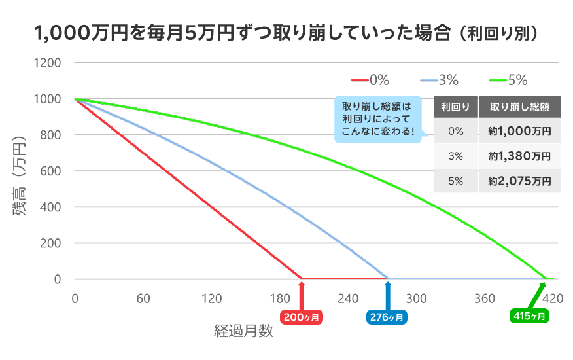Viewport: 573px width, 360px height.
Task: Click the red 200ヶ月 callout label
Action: [302, 317]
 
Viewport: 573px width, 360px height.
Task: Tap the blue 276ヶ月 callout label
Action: [387, 317]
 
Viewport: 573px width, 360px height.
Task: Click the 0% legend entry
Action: [370, 81]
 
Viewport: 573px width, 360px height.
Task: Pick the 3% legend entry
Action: [440, 81]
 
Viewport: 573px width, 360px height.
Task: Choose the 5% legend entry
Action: [508, 81]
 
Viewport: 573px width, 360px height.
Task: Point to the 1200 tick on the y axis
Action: [49, 63]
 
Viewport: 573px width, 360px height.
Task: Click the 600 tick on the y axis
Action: [52, 171]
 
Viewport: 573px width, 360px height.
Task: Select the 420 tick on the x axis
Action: [553, 298]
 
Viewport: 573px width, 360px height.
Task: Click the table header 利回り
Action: [455, 106]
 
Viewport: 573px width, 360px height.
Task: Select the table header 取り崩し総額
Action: [519, 106]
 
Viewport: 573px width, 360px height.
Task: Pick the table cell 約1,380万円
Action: [519, 156]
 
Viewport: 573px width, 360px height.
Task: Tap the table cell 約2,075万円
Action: [519, 181]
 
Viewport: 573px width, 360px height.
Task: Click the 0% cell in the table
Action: [455, 131]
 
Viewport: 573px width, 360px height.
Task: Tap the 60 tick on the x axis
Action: [143, 298]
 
